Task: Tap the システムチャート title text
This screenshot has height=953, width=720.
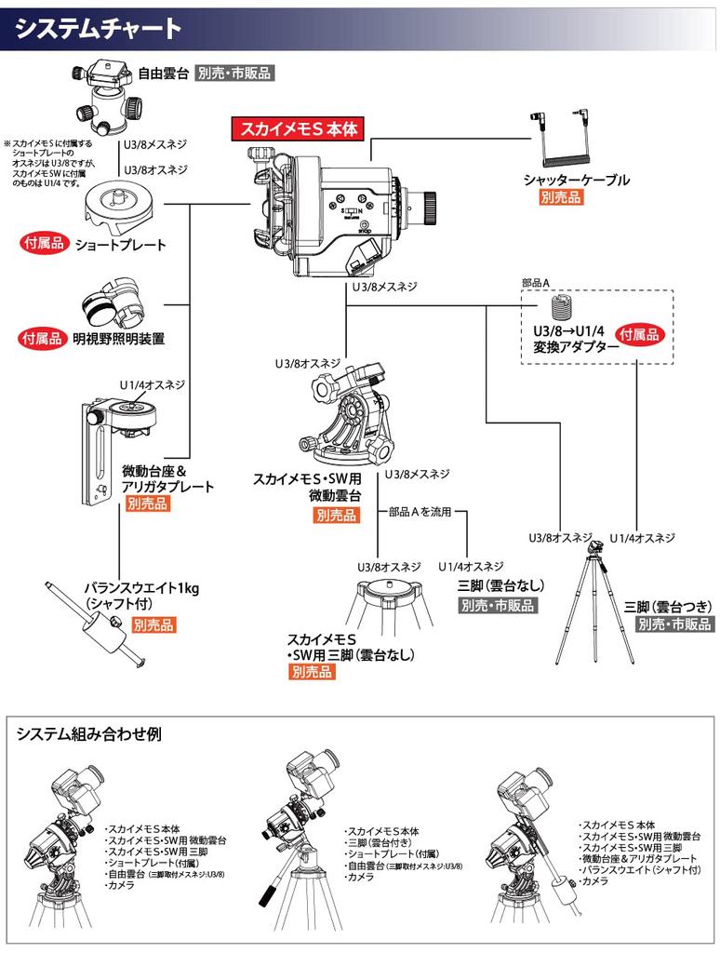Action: click(x=99, y=29)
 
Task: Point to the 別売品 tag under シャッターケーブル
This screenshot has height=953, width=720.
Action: click(x=563, y=197)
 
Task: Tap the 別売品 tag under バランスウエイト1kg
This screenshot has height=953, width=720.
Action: click(x=153, y=625)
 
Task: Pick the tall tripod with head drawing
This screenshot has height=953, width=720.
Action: click(x=593, y=605)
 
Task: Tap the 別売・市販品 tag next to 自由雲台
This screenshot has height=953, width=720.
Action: click(x=234, y=73)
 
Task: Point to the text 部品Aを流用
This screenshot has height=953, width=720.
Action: click(x=420, y=513)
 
